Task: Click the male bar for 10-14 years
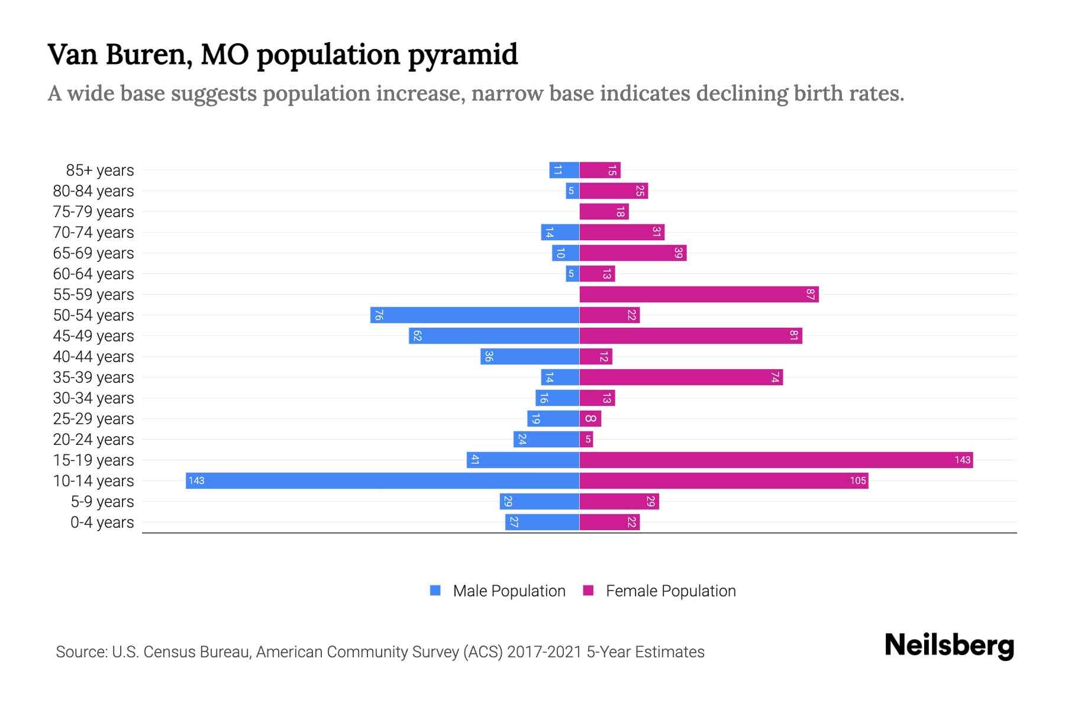382,480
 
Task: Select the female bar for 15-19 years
776,460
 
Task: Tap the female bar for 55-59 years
699,294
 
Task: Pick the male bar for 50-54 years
475,315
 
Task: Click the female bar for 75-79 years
603,211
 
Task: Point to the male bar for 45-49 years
493,335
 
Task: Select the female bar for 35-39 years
680,377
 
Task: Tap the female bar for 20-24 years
586,439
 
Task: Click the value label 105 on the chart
858,480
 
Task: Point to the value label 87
811,294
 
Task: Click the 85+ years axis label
100,170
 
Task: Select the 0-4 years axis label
102,522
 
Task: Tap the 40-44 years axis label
93,357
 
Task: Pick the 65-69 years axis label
93,253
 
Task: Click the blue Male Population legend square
435,590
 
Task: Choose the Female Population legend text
670,590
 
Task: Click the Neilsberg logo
949,646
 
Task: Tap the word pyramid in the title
462,55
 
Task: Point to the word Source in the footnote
80,652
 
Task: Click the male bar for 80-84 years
572,191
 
